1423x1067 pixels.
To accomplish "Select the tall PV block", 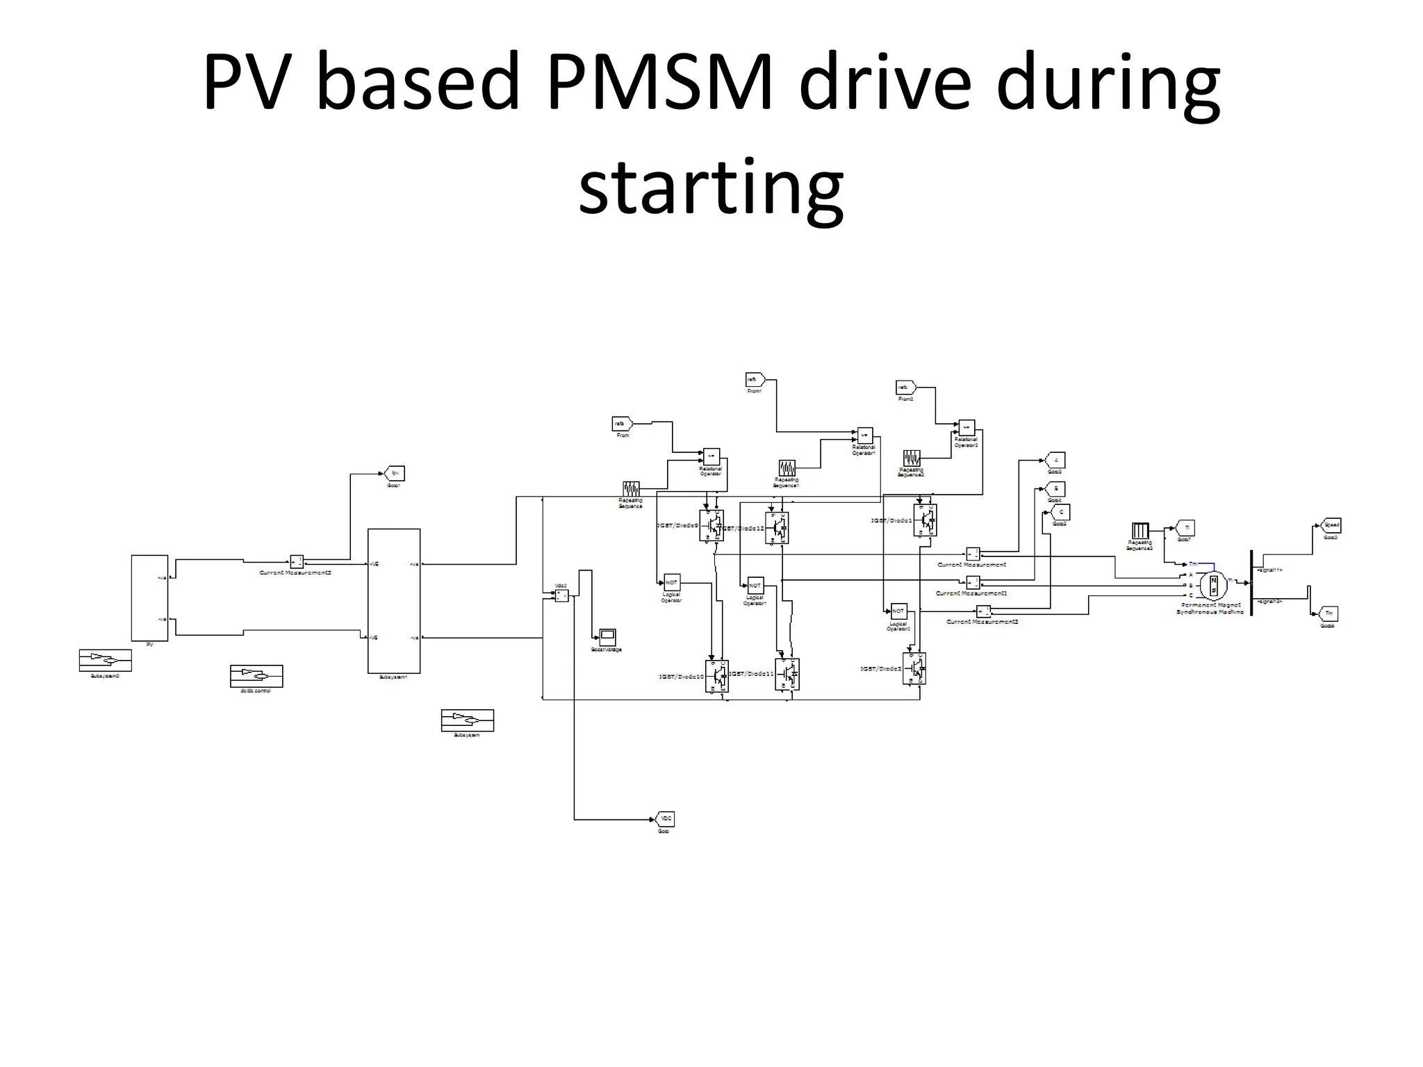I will [x=149, y=597].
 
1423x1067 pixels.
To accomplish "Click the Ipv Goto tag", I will [x=395, y=474].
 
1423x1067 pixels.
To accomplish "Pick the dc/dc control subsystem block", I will [x=256, y=675].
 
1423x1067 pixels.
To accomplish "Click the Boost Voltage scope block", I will [x=607, y=636].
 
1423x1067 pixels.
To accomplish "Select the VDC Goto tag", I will [x=665, y=819].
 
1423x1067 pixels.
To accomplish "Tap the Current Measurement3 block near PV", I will [x=297, y=561].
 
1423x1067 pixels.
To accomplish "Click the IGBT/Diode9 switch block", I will [x=711, y=526].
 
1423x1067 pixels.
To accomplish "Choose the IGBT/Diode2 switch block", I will [x=914, y=668].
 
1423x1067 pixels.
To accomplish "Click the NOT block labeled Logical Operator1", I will [x=755, y=586].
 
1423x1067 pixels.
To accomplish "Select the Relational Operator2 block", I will [x=967, y=428].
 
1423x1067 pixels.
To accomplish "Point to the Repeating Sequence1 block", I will [x=787, y=467].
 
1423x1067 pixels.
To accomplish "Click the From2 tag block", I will [x=905, y=388].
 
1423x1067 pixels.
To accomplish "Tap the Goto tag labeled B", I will [x=1055, y=488].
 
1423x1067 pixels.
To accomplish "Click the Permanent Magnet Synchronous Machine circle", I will [x=1214, y=586].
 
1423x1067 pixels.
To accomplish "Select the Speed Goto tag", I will [x=1331, y=525].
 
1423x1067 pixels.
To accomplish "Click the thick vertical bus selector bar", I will [x=1251, y=582].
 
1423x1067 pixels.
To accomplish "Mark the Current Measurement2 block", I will [x=984, y=611].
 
